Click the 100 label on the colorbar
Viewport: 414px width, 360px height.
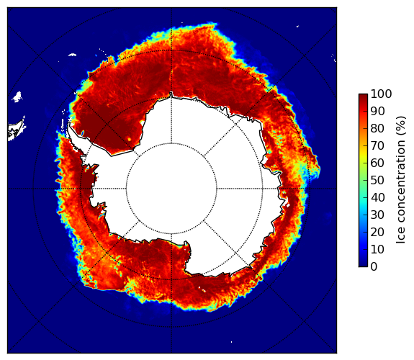pyautogui.click(x=381, y=94)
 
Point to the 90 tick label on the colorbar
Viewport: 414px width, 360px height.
pyautogui.click(x=377, y=111)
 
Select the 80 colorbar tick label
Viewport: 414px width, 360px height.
pyautogui.click(x=377, y=128)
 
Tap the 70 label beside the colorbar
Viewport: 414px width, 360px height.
pyautogui.click(x=377, y=145)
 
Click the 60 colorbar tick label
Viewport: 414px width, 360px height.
pyautogui.click(x=377, y=163)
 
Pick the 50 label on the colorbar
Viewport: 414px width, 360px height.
pyautogui.click(x=377, y=181)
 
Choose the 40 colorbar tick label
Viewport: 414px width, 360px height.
pyautogui.click(x=377, y=197)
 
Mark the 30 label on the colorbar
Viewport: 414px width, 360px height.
pyautogui.click(x=377, y=215)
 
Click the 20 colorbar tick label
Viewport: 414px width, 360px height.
pyautogui.click(x=377, y=232)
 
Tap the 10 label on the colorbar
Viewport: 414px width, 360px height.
pyautogui.click(x=377, y=250)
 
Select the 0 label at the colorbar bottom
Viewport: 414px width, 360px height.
pyautogui.click(x=374, y=267)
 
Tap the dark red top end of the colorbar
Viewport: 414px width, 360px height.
pyautogui.click(x=363, y=95)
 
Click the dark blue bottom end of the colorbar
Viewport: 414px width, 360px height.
pyautogui.click(x=363, y=265)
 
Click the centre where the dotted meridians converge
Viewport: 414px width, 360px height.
pyautogui.click(x=171, y=189)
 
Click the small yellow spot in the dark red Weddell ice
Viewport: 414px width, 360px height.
pyautogui.click(x=129, y=139)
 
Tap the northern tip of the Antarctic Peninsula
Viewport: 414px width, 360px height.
pyautogui.click(x=69, y=123)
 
